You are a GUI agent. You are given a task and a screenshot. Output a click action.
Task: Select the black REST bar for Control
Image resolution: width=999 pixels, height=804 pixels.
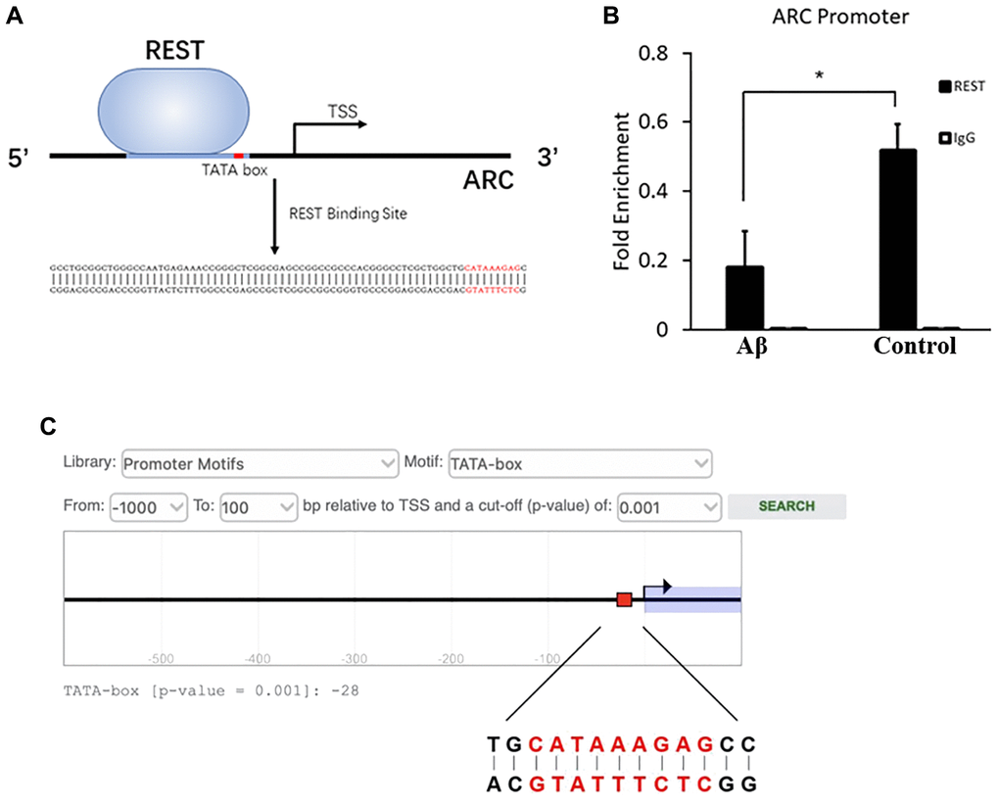[897, 239]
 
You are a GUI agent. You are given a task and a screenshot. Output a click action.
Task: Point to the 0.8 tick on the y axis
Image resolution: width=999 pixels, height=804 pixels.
[687, 53]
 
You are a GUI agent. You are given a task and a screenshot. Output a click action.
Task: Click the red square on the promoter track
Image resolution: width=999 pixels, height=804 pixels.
[624, 599]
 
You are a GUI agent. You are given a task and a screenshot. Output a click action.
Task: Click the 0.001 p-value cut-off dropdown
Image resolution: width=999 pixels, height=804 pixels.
[669, 506]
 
